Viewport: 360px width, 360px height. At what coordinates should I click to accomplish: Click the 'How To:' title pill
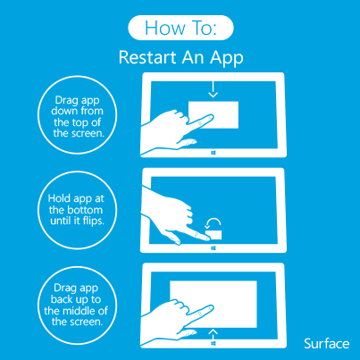(180, 28)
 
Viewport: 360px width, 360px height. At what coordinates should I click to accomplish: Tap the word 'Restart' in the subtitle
(147, 57)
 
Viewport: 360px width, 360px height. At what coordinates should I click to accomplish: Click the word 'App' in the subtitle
(227, 58)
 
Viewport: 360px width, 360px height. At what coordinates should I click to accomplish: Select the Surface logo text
(327, 344)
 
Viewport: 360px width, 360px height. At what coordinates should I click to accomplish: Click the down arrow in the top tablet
(213, 89)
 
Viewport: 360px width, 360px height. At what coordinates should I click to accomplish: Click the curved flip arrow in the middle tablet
(213, 223)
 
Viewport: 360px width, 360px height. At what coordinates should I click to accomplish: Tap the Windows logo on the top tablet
(213, 153)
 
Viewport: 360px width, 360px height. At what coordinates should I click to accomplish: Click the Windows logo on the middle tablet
(213, 248)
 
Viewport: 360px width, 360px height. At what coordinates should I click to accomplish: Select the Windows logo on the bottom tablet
(213, 343)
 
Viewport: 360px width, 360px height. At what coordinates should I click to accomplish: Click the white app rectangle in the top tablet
(213, 115)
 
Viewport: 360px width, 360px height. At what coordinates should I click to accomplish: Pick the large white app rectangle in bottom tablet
(213, 304)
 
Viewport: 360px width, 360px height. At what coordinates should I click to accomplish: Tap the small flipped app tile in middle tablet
(214, 235)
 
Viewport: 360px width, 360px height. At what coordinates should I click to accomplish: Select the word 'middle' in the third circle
(79, 311)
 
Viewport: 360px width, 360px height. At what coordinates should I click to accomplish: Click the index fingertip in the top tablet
(211, 117)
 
